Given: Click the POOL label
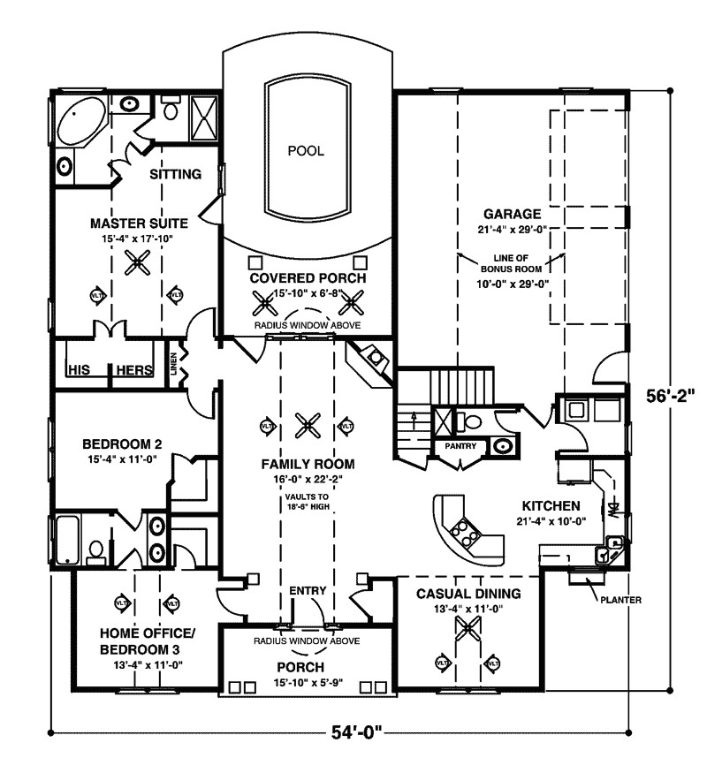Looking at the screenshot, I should point(306,151).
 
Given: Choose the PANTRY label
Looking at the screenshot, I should point(460,447).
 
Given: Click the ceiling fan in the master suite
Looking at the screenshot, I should point(136,261).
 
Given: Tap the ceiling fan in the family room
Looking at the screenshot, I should point(308,425).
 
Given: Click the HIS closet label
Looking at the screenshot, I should point(80,370).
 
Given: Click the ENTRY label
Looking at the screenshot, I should point(308,590).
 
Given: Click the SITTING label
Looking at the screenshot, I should point(175,174).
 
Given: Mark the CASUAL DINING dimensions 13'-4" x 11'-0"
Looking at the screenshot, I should point(468,609).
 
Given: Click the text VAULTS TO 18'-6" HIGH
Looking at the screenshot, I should point(308,503).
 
